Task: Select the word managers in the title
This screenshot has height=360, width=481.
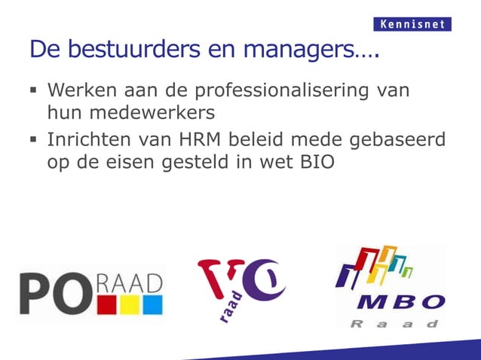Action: tap(302, 50)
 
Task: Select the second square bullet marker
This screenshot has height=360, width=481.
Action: tap(34, 142)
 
